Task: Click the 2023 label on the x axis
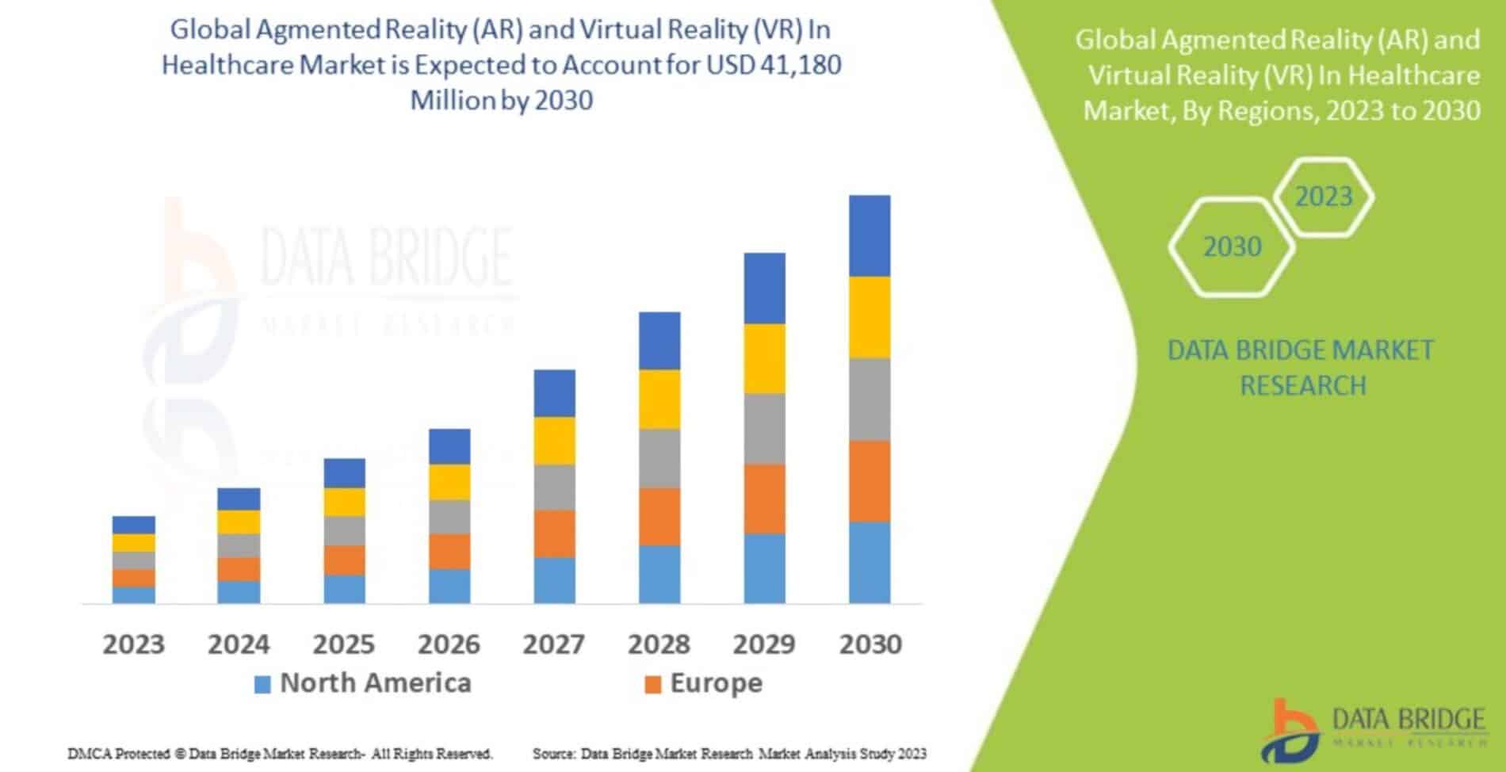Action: [133, 644]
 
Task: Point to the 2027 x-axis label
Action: [553, 644]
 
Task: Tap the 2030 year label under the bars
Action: [870, 644]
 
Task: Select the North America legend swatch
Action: [262, 684]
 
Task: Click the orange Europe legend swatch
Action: [652, 684]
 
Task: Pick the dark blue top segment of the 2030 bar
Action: [870, 235]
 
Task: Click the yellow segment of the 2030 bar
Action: [870, 317]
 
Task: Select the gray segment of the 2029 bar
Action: [764, 429]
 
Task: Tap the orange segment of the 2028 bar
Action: [659, 516]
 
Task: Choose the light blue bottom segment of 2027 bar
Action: [554, 580]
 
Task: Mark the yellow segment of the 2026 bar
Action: [449, 482]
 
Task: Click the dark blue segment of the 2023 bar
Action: [133, 525]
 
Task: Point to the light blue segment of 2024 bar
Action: [239, 592]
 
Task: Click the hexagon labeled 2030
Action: [1232, 247]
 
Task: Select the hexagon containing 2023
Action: [1323, 197]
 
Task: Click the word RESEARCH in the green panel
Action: [1303, 386]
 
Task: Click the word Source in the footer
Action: [553, 754]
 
